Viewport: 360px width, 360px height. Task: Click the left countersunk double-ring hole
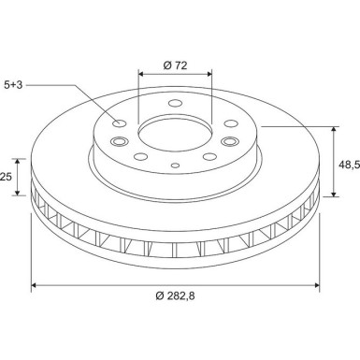119,142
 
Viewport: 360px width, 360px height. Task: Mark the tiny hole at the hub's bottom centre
176,166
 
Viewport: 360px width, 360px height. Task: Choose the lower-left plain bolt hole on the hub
140,157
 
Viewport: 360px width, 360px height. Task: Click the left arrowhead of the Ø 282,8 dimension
35,285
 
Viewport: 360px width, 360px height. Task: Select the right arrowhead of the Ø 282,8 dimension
318,285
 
